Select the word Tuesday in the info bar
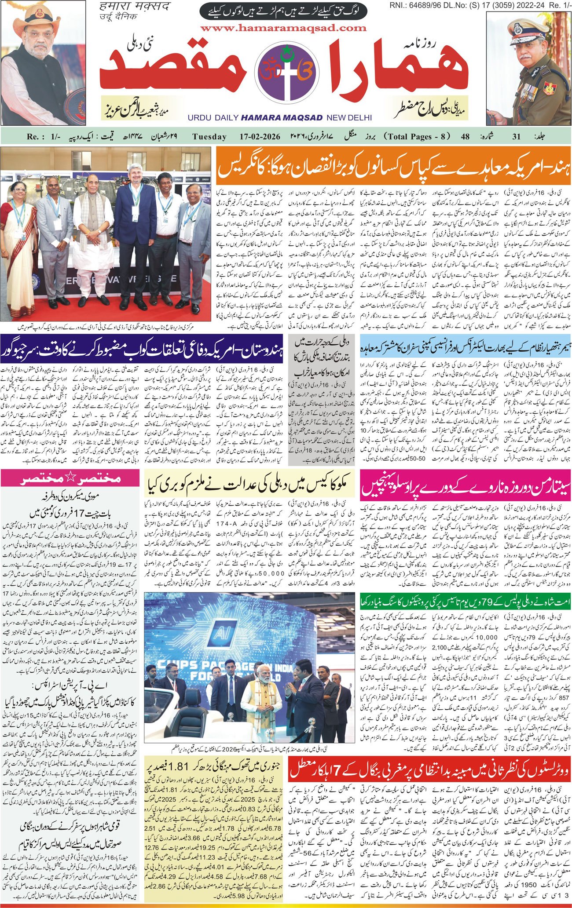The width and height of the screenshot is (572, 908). coord(209,136)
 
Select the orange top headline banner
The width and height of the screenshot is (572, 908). coord(393,164)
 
